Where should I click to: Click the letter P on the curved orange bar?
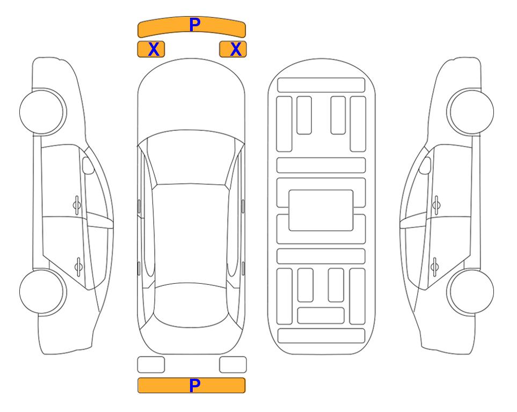coord(194,25)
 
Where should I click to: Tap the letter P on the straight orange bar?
coord(194,385)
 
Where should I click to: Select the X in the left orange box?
coord(154,49)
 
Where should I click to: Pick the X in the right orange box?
coord(236,49)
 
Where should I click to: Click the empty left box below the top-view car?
coord(151,365)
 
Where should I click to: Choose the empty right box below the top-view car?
coord(233,365)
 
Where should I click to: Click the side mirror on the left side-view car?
coord(88,165)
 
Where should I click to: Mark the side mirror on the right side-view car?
coord(425,165)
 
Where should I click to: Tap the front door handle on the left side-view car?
coord(77,205)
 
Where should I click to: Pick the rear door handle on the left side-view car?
coord(78,267)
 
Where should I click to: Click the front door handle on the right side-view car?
coord(436,205)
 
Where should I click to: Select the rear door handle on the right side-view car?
coord(434,267)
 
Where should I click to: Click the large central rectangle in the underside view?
coord(321,210)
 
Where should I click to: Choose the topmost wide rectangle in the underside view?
coord(321,85)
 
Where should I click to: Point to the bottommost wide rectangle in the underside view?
coord(321,335)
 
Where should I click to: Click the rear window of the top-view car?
coord(191,305)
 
